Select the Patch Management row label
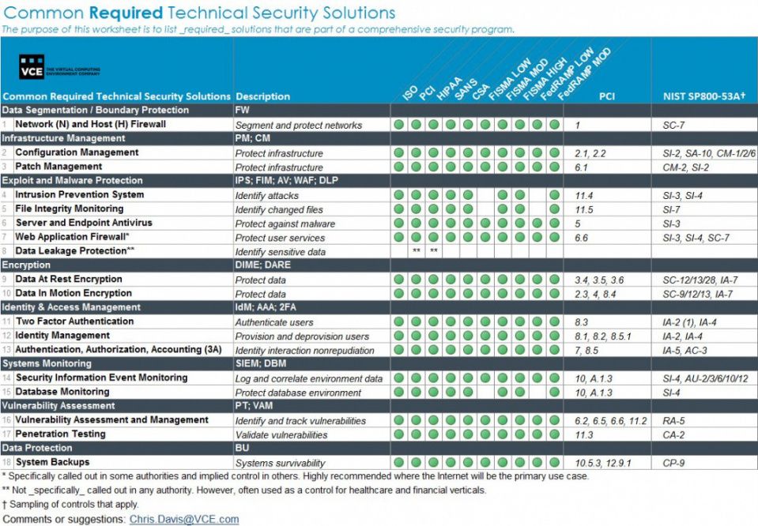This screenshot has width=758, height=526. pos(58,167)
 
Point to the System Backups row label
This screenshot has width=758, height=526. pos(52,462)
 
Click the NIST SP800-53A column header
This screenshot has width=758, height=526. pos(703,96)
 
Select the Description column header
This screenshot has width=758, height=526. pos(262,96)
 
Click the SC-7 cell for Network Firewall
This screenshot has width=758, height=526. pos(674,126)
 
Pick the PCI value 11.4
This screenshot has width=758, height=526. pos(584,195)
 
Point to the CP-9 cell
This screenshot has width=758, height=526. pos(674,463)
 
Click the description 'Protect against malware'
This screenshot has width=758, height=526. pos(285,224)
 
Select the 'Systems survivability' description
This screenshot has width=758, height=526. pos(280,463)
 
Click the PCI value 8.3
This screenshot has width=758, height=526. pos(582,322)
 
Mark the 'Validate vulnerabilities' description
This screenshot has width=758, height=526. pos(281,435)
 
